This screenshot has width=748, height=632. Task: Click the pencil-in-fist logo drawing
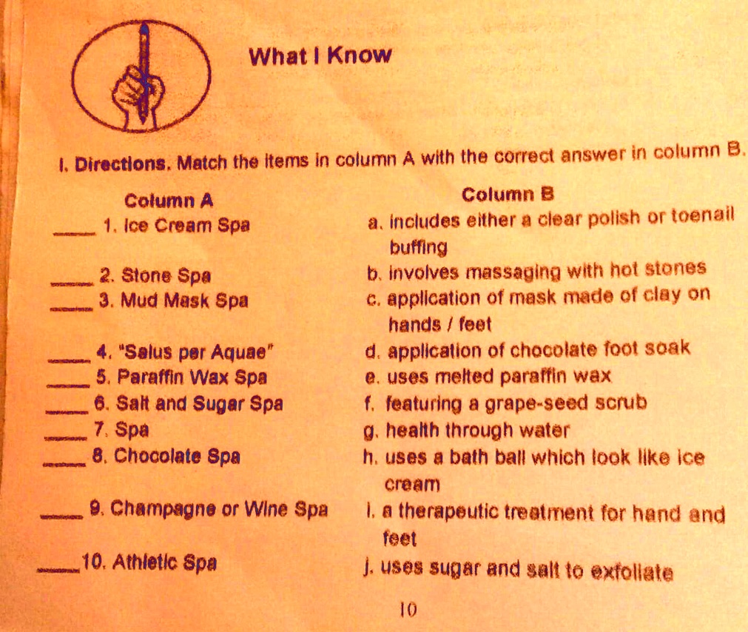(x=141, y=76)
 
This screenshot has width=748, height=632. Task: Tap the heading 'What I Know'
(x=320, y=56)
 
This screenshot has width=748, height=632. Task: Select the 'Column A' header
(x=169, y=201)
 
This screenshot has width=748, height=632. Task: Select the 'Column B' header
(x=508, y=194)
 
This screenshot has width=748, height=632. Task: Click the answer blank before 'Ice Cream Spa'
(x=75, y=233)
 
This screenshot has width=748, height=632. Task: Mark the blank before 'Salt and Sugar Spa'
(x=67, y=411)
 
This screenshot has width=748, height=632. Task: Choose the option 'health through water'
(x=477, y=431)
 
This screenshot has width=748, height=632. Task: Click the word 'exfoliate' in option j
(x=632, y=571)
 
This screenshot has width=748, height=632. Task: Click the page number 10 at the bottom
(x=408, y=610)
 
